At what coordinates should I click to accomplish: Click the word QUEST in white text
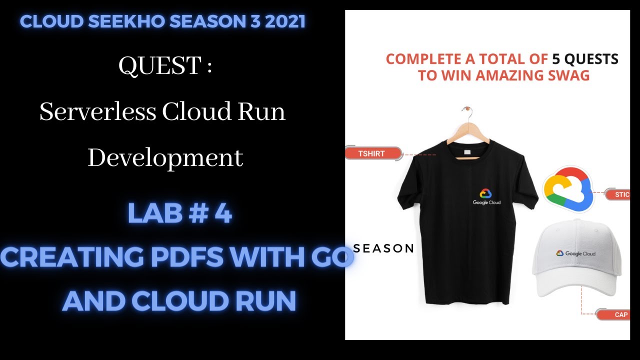(x=159, y=66)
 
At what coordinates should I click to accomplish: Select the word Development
(x=165, y=158)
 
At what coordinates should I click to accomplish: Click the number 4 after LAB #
(x=222, y=213)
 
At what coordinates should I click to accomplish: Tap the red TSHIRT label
(x=372, y=153)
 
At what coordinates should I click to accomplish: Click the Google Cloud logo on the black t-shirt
(x=486, y=196)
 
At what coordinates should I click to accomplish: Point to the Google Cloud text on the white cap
(x=580, y=253)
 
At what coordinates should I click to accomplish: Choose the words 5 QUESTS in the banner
(x=585, y=59)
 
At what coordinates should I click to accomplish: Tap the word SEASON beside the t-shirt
(x=384, y=248)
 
